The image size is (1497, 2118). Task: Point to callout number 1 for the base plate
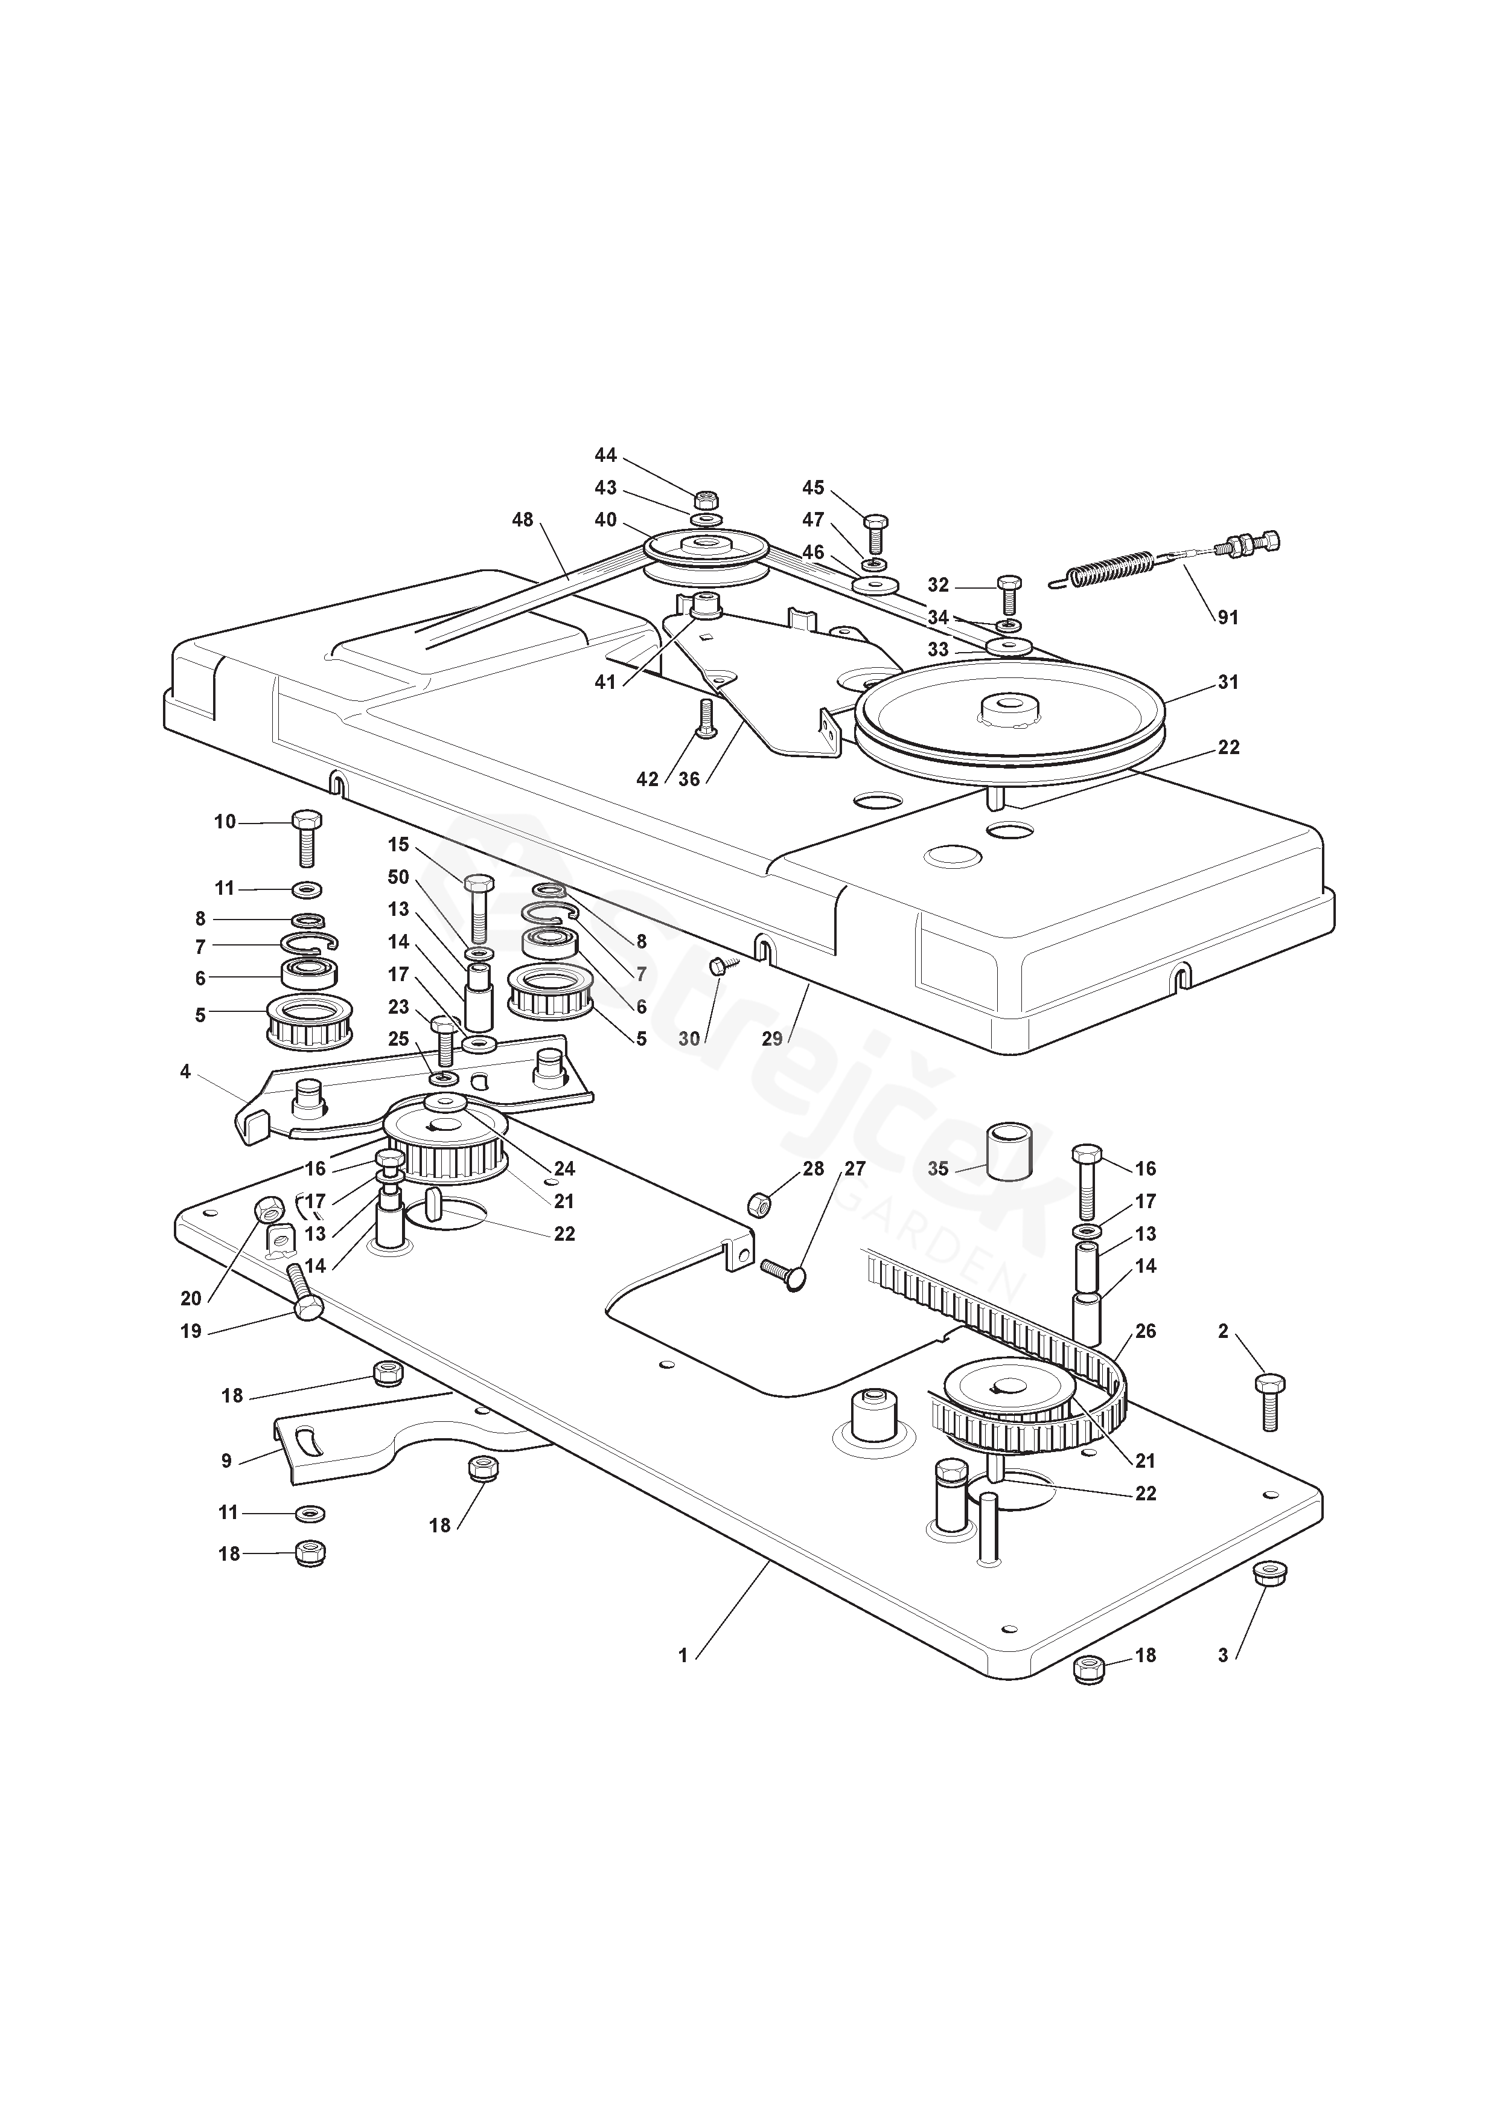683,1656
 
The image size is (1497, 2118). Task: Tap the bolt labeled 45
875,531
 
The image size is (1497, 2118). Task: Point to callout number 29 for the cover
772,1038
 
